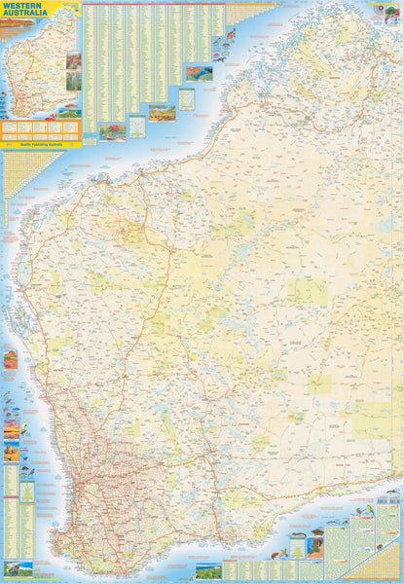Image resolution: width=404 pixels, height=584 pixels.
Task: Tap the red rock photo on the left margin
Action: click(10, 361)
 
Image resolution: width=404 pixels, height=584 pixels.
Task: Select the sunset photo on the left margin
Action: click(11, 427)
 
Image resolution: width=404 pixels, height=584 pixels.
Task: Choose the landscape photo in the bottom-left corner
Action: click(18, 568)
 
